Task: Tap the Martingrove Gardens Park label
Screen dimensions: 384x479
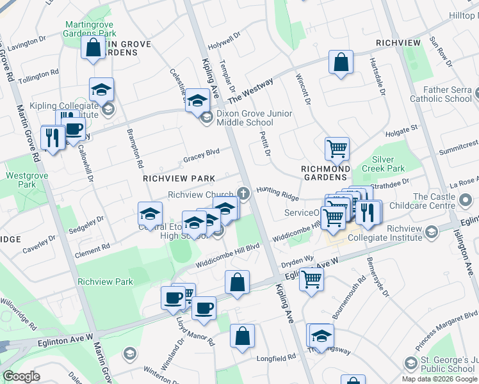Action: click(x=90, y=29)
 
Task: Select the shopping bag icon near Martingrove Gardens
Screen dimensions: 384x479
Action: click(x=93, y=47)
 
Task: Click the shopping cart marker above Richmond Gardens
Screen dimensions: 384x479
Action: click(x=337, y=149)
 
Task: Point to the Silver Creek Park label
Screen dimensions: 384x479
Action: click(x=387, y=163)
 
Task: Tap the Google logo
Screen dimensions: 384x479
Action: click(x=22, y=376)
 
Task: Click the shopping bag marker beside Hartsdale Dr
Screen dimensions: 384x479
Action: click(x=341, y=63)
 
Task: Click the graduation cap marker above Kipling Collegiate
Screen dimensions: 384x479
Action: click(x=101, y=90)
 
